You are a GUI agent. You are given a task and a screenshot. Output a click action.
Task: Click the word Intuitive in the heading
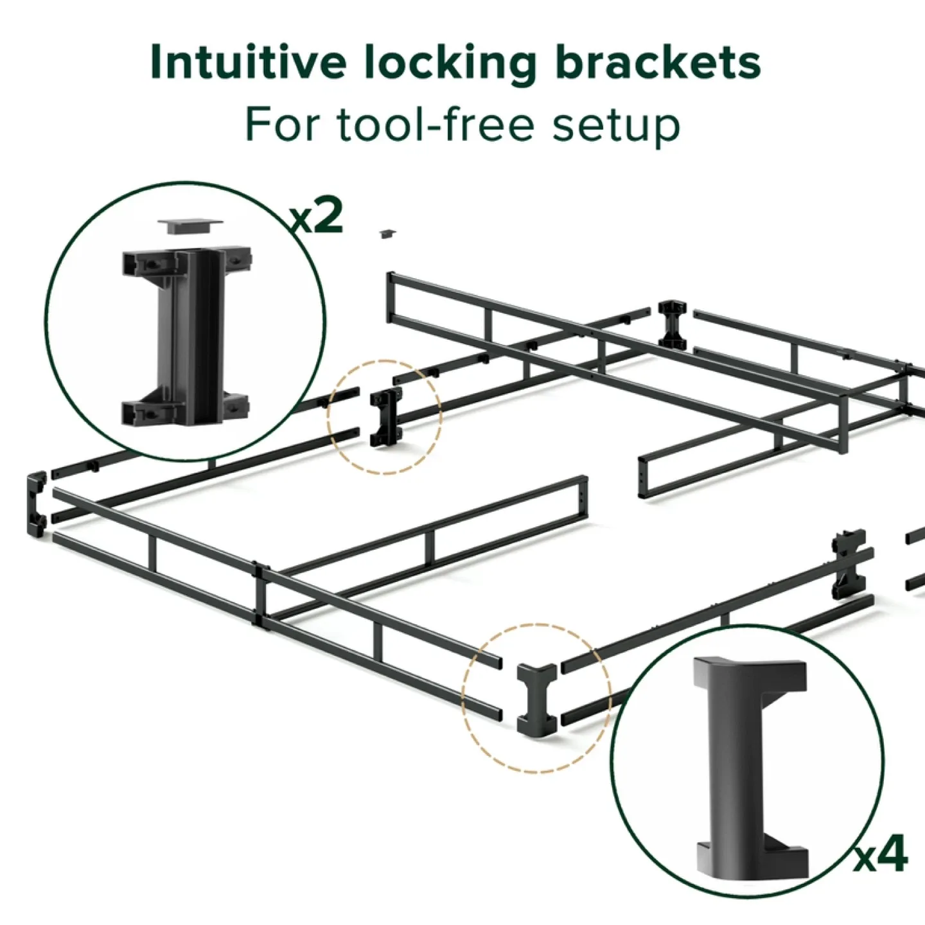(248, 62)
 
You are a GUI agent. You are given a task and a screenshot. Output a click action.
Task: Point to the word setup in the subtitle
(615, 126)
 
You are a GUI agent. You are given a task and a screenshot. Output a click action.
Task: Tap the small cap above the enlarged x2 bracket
(191, 225)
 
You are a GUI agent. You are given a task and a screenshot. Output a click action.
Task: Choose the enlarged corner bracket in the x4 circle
(748, 768)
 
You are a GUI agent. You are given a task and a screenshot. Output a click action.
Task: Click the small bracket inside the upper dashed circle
(385, 418)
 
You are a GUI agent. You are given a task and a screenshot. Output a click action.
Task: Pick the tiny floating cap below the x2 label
(387, 234)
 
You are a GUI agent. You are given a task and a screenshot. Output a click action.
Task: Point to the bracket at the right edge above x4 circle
(848, 564)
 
